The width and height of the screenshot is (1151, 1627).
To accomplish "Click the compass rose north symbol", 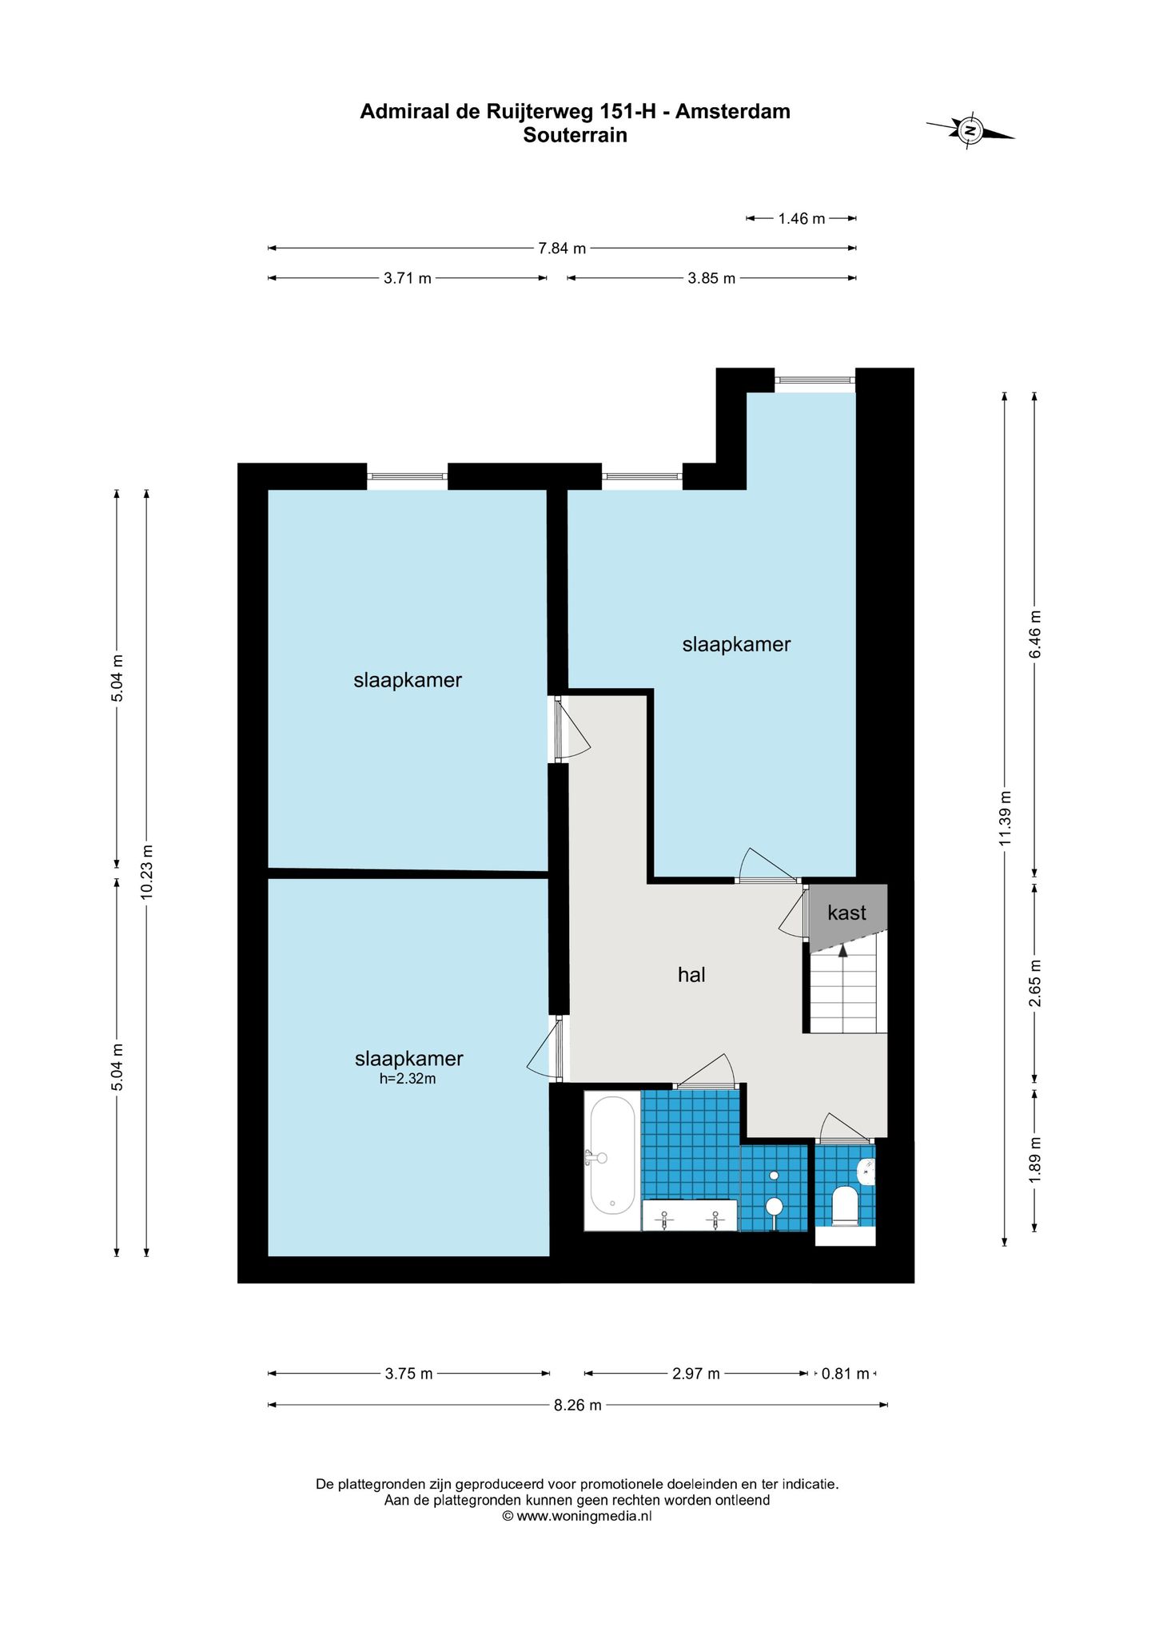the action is point(970,130).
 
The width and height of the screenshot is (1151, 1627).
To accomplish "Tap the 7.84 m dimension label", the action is point(562,249).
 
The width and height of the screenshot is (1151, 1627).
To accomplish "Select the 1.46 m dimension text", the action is point(802,219).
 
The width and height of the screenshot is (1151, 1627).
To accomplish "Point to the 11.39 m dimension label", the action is point(1006,817).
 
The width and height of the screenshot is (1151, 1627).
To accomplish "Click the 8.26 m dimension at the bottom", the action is point(578,1405).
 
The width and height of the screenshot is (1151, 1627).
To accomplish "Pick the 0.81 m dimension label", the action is point(845,1374).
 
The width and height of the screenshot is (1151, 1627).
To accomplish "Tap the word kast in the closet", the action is point(846,913).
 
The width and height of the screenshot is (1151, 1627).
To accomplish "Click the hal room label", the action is point(691,974).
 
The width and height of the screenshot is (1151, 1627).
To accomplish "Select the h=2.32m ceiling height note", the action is point(408,1079).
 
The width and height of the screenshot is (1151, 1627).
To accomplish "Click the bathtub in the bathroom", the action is point(612,1160).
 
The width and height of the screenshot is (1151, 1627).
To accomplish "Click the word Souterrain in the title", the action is point(575,135).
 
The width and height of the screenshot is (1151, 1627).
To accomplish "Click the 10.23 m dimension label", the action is point(146,873).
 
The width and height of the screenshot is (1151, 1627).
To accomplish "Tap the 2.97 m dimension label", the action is point(696,1374).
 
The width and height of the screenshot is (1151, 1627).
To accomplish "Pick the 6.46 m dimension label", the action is point(1035,634).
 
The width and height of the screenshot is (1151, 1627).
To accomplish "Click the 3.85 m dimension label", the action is point(711,279).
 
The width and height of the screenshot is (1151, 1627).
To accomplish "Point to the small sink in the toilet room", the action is point(866,1172).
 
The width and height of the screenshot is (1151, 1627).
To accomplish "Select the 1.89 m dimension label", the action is point(1035,1160).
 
